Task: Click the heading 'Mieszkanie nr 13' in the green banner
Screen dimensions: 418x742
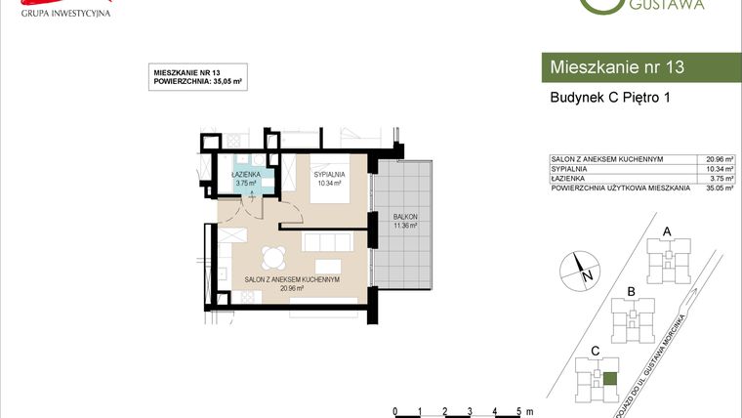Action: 617,67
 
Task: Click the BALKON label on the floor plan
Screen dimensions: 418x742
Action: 404,218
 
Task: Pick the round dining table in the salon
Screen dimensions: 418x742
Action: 272,258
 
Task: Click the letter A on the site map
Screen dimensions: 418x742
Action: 667,231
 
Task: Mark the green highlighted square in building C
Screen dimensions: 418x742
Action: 609,380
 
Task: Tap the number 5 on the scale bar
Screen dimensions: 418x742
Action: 519,411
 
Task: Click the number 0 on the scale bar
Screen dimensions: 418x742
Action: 393,411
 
